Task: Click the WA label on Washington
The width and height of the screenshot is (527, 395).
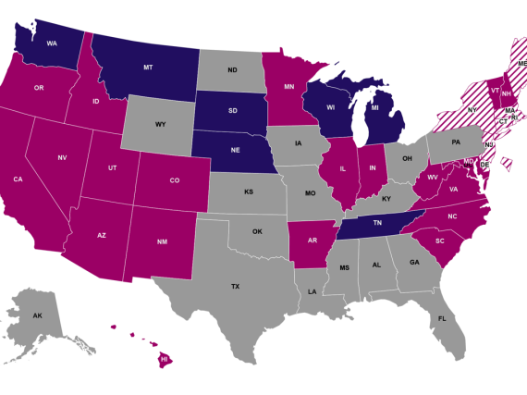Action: (x=52, y=43)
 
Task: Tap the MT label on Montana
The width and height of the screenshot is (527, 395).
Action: (x=148, y=68)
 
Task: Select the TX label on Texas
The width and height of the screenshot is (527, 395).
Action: (x=235, y=287)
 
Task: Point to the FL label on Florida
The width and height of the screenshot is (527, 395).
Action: (x=442, y=318)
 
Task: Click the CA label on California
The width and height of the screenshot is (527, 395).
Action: (x=18, y=179)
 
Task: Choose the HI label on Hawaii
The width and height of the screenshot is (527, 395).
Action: (x=165, y=358)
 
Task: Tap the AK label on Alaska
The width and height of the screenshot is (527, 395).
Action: (x=38, y=316)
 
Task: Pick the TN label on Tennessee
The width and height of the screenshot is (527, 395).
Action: (x=377, y=224)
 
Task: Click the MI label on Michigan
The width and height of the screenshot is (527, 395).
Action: (x=374, y=108)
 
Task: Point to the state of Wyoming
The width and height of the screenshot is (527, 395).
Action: (x=160, y=123)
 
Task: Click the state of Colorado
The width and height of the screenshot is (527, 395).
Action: (x=174, y=180)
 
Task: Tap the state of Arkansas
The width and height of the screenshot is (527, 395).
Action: (x=313, y=241)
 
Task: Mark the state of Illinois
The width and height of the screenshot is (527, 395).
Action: (x=342, y=171)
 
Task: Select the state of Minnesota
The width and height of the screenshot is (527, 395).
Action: (x=290, y=89)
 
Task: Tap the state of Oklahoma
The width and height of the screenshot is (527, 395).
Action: (x=257, y=231)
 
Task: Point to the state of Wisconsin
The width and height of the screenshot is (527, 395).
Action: (x=332, y=106)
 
